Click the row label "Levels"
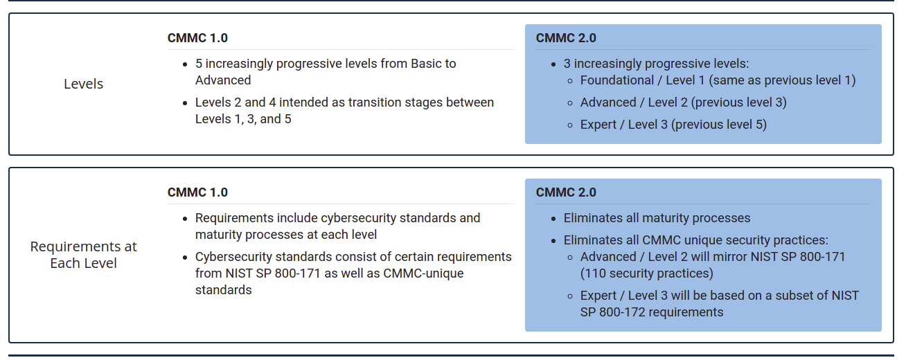coord(83,84)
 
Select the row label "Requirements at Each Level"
coord(83,255)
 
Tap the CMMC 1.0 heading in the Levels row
coord(197,38)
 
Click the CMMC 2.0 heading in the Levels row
coord(566,38)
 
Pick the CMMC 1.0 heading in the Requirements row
coord(197,192)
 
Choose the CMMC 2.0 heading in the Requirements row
coord(566,192)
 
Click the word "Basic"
coord(426,64)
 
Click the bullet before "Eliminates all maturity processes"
coord(553,219)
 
